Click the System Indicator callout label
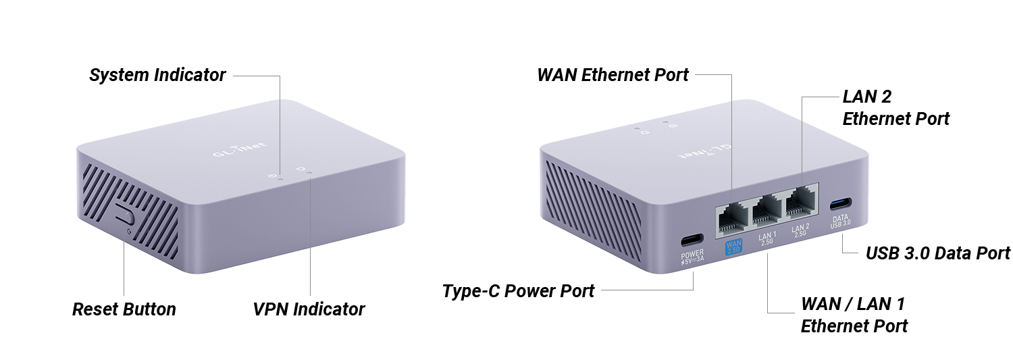point(157,75)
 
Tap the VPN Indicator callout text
point(309,309)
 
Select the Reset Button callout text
point(124,309)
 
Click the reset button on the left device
point(124,214)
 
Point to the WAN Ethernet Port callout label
point(613,75)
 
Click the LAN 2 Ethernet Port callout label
point(896,107)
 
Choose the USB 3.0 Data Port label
point(937,253)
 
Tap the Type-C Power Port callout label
point(518,291)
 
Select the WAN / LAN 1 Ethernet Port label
point(854,315)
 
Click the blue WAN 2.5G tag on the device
point(733,247)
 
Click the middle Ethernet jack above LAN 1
point(767,211)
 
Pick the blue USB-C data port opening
point(841,205)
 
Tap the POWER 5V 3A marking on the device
point(692,257)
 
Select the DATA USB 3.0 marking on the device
point(840,221)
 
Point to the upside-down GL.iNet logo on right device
point(704,151)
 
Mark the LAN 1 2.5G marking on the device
point(767,238)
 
